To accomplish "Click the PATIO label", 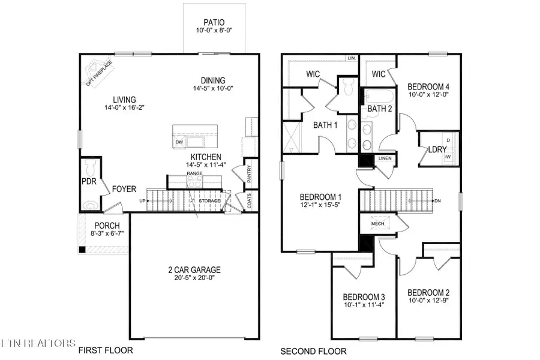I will [214, 23].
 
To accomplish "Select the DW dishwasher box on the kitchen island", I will [179, 142].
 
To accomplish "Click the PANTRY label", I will [249, 173].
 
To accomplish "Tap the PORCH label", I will [107, 226].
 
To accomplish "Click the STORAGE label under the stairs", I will [210, 200].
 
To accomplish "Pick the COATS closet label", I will [250, 202].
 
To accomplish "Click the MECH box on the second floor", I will [377, 223].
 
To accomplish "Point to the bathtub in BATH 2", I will [378, 97].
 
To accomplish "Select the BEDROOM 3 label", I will [364, 297].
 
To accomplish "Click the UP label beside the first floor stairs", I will [142, 200].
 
